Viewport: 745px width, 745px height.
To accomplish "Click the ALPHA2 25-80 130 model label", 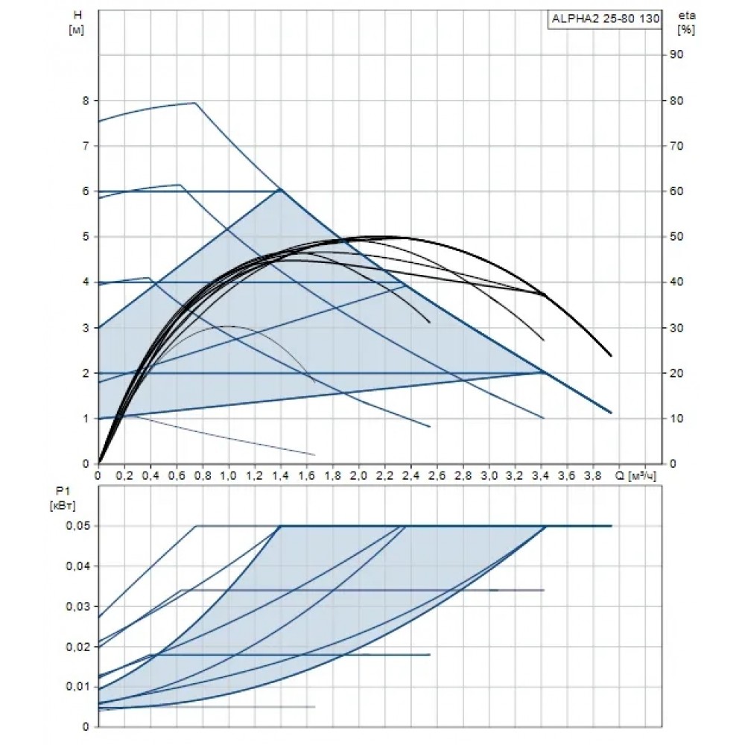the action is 605,19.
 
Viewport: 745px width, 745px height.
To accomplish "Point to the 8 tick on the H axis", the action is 86,101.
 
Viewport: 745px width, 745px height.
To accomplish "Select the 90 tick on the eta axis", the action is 676,54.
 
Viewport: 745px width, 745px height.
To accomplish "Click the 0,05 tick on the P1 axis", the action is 78,526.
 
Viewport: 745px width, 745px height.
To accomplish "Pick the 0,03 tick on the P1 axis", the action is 78,606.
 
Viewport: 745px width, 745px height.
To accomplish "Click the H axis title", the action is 77,22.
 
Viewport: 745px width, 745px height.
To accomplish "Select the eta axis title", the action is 687,22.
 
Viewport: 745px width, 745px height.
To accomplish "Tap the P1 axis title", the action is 63,499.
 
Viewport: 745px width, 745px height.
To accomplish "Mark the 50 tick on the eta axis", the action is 676,237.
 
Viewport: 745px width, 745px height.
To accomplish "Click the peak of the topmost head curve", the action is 195,103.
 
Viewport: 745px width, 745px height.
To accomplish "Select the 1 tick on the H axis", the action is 86,419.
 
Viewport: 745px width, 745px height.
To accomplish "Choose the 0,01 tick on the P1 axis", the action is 78,687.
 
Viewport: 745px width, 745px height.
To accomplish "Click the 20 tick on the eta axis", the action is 676,373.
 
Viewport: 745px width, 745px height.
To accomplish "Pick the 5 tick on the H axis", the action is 86,237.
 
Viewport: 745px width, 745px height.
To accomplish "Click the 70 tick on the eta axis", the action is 676,146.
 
